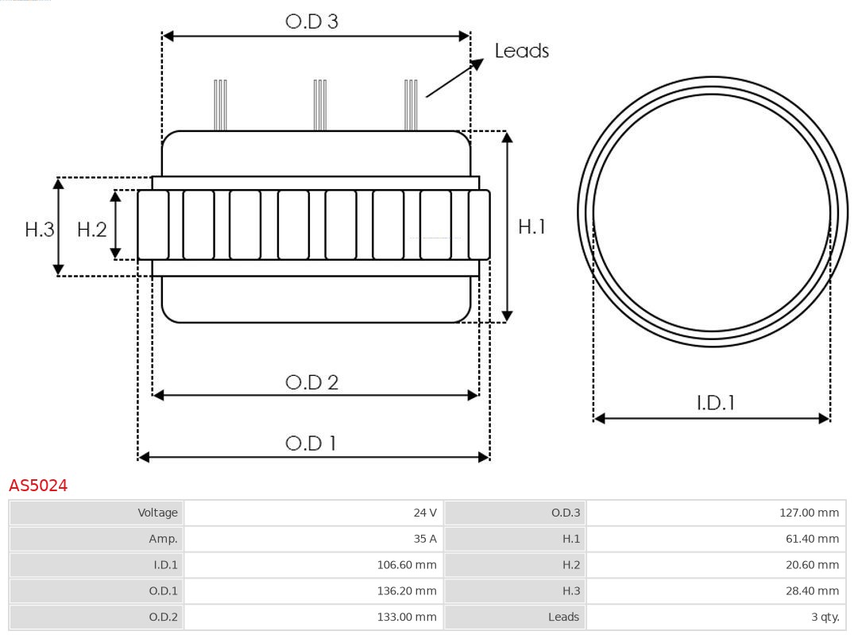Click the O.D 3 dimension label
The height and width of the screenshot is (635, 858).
[x=311, y=21]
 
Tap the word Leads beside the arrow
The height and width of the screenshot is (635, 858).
[x=521, y=51]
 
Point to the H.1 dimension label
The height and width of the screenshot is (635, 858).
[x=531, y=227]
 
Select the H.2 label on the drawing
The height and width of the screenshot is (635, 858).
[x=91, y=230]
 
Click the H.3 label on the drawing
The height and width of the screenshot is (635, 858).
[x=39, y=230]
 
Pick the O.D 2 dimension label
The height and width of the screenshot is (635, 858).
[x=311, y=382]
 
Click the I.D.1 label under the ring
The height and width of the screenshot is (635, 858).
[x=715, y=403]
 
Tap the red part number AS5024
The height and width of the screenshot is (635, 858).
[x=38, y=485]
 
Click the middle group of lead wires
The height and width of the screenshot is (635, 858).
[x=319, y=104]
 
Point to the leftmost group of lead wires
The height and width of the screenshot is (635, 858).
[x=220, y=104]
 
